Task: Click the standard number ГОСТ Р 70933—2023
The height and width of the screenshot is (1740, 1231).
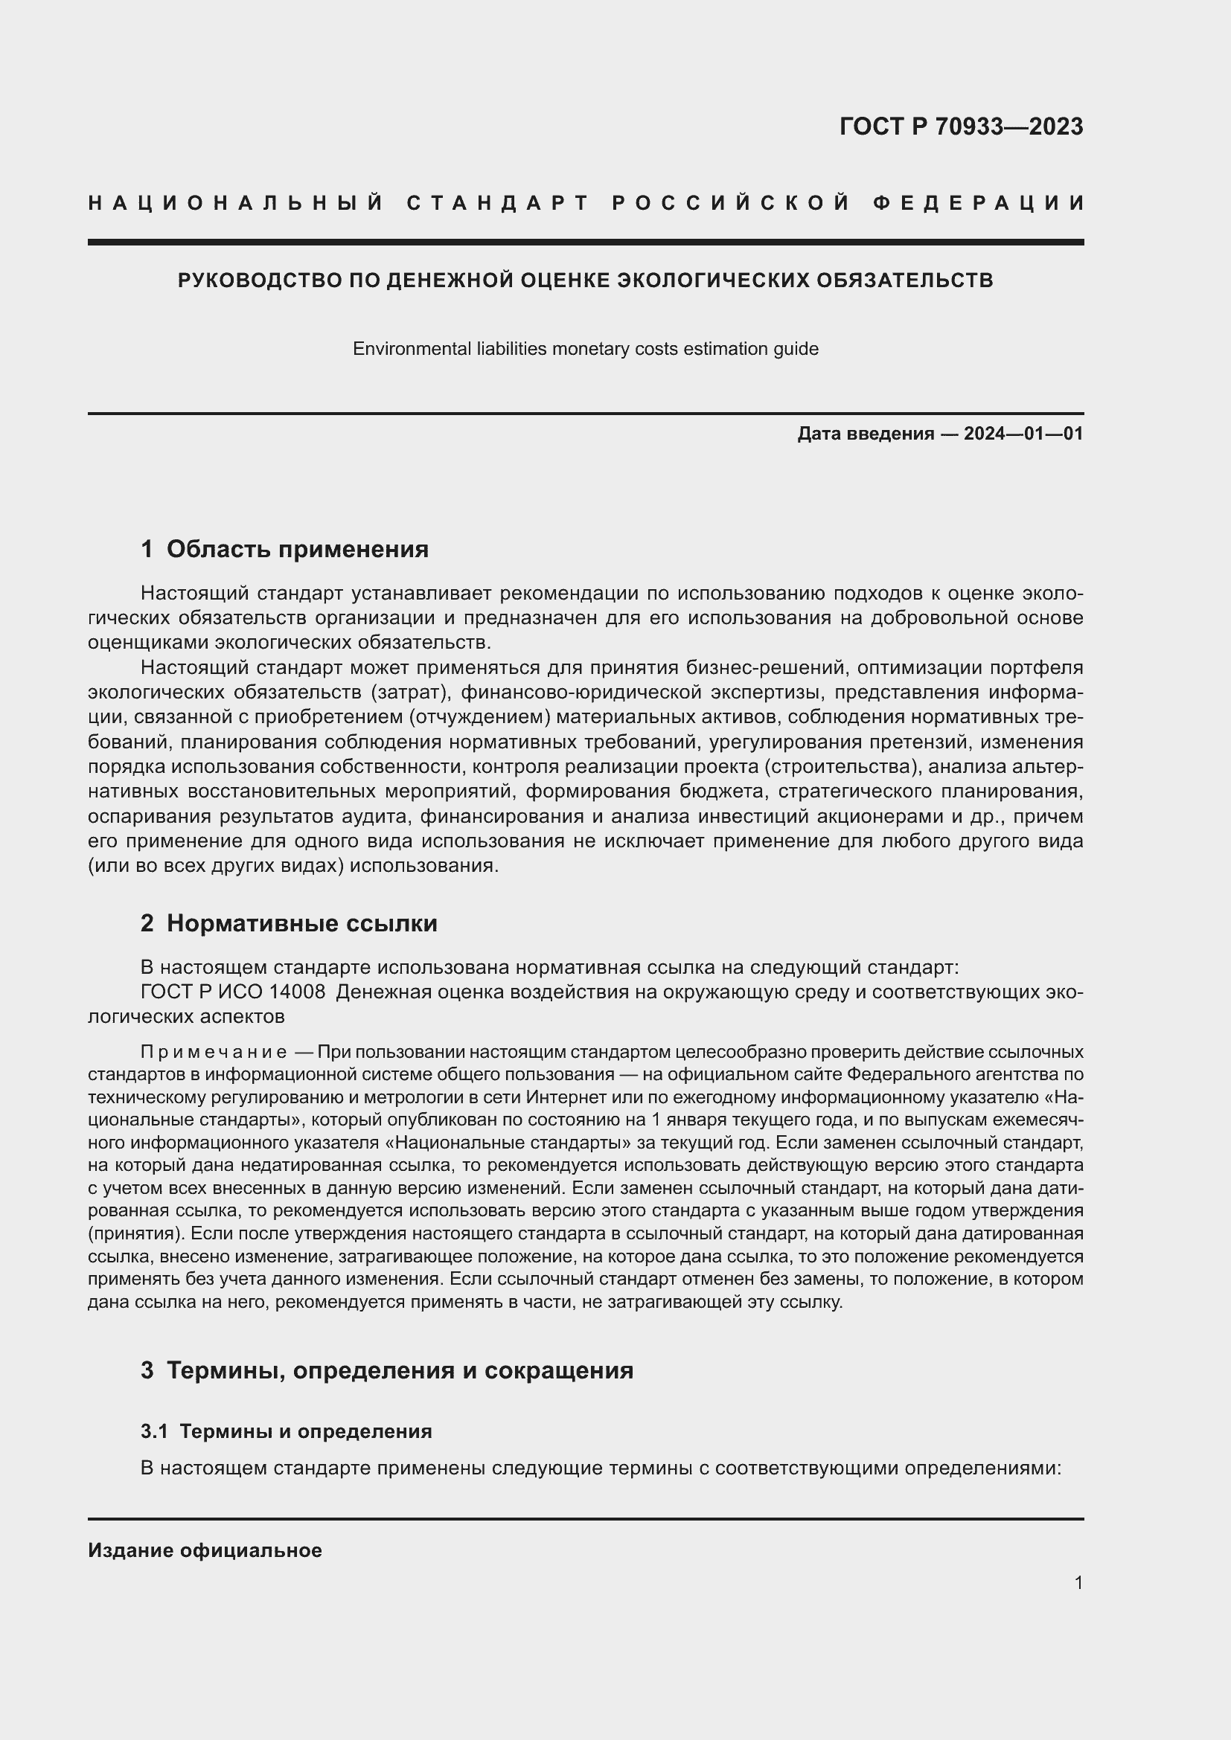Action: tap(961, 126)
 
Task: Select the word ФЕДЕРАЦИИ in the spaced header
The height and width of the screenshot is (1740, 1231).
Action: tap(979, 203)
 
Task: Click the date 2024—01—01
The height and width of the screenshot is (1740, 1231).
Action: tap(1023, 434)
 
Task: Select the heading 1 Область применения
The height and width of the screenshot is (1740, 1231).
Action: tap(284, 550)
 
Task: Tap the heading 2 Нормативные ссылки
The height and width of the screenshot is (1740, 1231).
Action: tap(289, 924)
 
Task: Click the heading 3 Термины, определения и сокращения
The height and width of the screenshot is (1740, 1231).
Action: tap(386, 1370)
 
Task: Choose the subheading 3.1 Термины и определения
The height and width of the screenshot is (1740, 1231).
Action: tap(286, 1431)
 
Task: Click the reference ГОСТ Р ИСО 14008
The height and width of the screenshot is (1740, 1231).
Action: tap(233, 992)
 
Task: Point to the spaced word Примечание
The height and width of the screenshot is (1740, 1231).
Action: tap(213, 1053)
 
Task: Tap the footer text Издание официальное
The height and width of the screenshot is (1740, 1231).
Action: tap(205, 1550)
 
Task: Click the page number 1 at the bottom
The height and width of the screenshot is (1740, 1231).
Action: tap(1078, 1583)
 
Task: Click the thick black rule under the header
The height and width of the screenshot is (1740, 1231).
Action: tap(585, 243)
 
